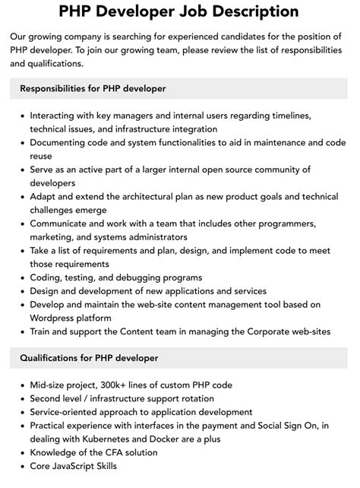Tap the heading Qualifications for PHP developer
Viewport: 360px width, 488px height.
90,358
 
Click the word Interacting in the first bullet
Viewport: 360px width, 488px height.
58,116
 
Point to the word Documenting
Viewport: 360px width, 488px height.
64,142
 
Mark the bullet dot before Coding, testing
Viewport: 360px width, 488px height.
21,277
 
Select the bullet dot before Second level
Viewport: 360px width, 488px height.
21,398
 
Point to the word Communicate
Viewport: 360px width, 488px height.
65,223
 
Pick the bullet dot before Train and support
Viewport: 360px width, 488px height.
21,331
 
